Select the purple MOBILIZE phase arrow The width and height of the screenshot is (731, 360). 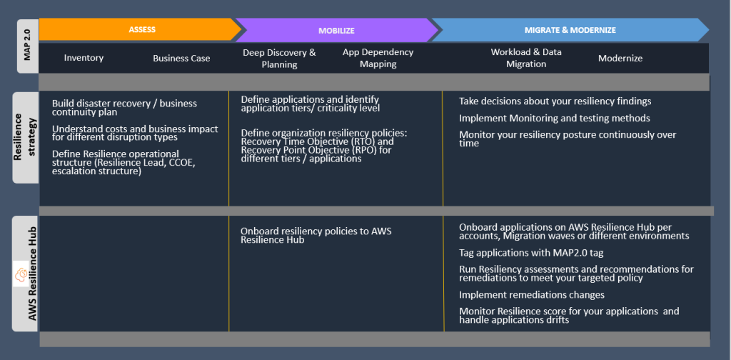click(x=336, y=31)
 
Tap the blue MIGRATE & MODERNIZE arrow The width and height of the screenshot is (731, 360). click(x=570, y=30)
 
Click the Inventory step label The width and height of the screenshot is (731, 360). click(x=84, y=58)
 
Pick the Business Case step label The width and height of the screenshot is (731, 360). click(x=181, y=58)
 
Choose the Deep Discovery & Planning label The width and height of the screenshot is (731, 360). click(x=279, y=58)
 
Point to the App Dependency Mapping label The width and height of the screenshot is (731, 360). click(x=378, y=58)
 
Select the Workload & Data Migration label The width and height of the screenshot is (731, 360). click(x=526, y=58)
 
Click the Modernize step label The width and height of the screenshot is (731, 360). click(x=620, y=58)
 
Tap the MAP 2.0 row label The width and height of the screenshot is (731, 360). click(x=27, y=46)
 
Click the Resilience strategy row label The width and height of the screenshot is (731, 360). click(x=25, y=136)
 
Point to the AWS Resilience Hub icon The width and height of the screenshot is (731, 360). click(x=22, y=274)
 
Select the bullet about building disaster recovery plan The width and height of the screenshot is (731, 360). click(x=124, y=108)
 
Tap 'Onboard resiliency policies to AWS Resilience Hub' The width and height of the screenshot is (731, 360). click(x=316, y=235)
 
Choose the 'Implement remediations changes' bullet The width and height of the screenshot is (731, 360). click(x=531, y=295)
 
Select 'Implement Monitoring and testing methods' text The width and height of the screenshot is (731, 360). click(x=554, y=119)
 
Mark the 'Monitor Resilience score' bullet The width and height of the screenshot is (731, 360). click(x=568, y=316)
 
